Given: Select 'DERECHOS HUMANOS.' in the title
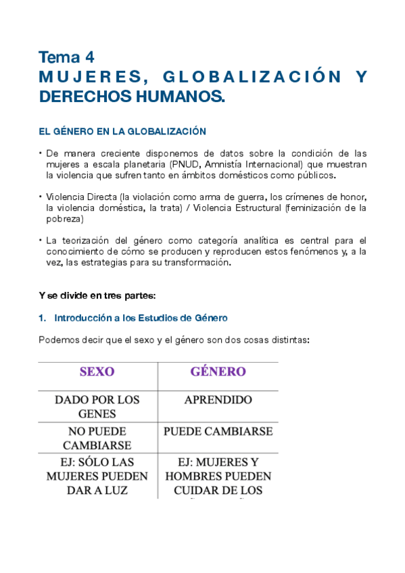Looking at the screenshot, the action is click(131, 97).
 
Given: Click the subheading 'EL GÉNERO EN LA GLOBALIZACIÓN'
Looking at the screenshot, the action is click(122, 131).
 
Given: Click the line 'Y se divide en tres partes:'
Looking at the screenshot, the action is click(97, 295).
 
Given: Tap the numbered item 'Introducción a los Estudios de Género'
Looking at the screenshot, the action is click(140, 317).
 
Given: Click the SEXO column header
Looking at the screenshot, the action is click(97, 372).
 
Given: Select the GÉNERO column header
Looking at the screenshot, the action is click(218, 372).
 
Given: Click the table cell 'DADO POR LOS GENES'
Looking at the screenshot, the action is click(97, 406).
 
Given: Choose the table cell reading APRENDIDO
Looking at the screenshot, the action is click(218, 400).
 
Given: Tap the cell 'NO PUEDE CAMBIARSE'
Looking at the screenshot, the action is click(97, 438).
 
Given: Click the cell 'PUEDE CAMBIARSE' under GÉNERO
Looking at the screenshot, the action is click(218, 431).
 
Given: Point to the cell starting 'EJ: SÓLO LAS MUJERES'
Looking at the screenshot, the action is click(97, 476).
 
